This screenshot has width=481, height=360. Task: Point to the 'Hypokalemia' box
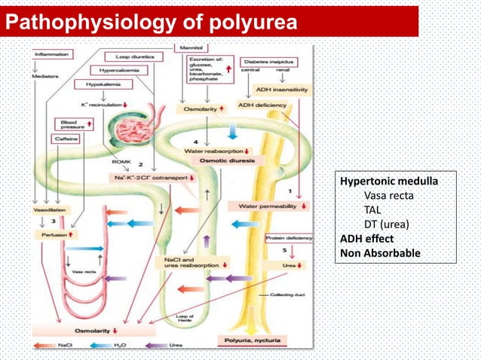coord(97,85)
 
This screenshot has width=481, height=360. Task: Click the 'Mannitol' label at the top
coord(187,47)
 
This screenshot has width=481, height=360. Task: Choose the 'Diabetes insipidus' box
coord(265,59)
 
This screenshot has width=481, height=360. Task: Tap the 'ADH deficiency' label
coord(262,105)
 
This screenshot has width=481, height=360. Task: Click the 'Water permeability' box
coord(272,205)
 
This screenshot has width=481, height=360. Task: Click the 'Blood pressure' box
coord(72,124)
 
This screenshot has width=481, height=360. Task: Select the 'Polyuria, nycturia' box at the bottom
coord(249,341)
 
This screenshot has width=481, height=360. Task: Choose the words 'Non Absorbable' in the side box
coord(380,253)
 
